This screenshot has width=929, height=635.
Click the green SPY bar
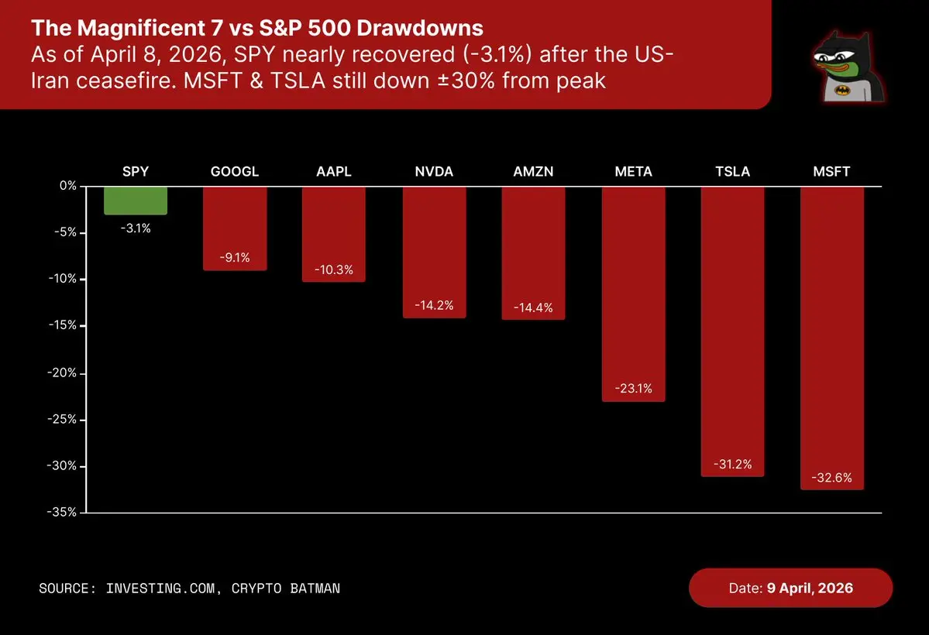pos(135,201)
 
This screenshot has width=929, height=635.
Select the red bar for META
pos(633,294)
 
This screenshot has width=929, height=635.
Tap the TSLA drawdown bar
pos(732,331)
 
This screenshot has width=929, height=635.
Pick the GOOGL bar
pos(235,228)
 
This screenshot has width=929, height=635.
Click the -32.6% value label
pos(831,478)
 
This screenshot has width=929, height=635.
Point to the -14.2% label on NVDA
pos(434,305)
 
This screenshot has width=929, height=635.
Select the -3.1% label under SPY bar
pos(135,228)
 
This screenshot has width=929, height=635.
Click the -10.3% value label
pos(334,269)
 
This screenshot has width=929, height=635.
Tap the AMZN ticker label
pos(533,171)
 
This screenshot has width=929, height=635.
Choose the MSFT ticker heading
pos(831,171)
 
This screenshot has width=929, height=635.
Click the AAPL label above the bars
pos(334,171)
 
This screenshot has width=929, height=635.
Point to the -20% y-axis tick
pos(63,373)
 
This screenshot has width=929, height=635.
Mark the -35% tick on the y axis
pos(63,513)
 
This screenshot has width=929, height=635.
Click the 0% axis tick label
pos(67,187)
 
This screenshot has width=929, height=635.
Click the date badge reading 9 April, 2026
pos(790,588)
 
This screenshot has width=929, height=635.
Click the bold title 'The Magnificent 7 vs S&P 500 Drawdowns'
pos(256,29)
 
